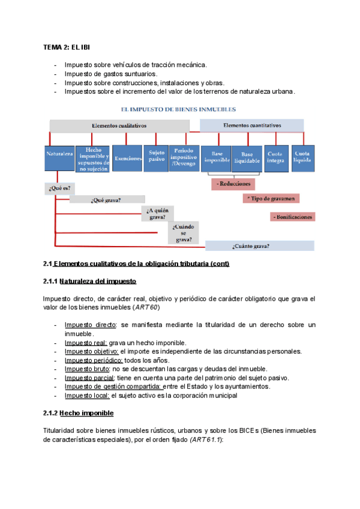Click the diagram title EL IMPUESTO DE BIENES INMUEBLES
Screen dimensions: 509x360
point(178,110)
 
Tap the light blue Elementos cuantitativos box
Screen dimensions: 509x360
point(251,125)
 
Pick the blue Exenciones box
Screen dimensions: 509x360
point(127,158)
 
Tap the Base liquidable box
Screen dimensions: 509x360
point(246,158)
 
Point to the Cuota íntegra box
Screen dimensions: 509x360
point(276,158)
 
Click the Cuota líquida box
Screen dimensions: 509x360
point(302,158)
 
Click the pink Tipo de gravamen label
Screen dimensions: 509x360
point(271,198)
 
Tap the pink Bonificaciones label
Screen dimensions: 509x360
point(292,216)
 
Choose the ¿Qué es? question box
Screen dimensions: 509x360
point(59,187)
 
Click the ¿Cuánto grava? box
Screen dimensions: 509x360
point(259,245)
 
